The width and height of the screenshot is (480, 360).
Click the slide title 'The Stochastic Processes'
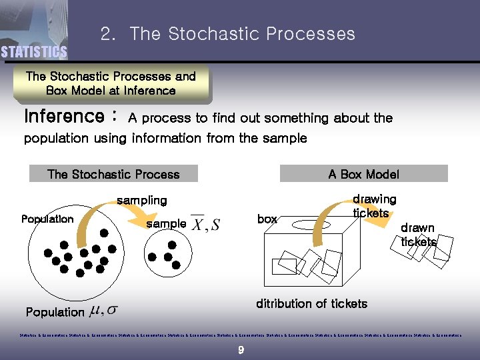(x=242, y=34)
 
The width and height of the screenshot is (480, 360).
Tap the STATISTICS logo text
(x=33, y=52)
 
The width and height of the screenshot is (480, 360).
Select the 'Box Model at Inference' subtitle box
(x=111, y=84)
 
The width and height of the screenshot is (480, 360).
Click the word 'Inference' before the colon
(x=64, y=117)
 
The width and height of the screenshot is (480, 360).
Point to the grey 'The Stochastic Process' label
(x=113, y=174)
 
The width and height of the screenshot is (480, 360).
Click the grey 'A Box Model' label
(x=363, y=174)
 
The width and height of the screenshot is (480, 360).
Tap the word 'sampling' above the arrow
(x=141, y=200)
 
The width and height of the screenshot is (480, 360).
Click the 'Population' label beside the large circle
(x=47, y=219)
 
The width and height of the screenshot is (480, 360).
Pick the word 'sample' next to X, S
(x=166, y=223)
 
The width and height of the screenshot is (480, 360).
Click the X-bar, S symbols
(x=206, y=223)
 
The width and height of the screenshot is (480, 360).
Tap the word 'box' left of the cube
(x=267, y=219)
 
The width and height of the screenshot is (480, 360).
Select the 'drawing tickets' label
(x=373, y=206)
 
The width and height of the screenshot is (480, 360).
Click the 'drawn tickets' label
(x=418, y=235)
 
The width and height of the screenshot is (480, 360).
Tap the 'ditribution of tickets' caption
(x=311, y=304)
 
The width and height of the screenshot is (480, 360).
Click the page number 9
(x=240, y=350)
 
